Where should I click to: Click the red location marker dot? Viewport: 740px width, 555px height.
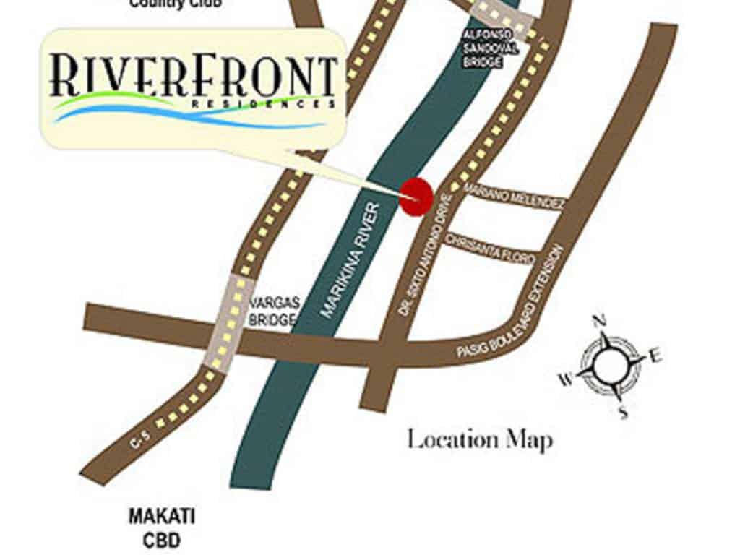[x=416, y=196]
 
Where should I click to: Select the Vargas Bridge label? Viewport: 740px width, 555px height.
[x=272, y=310]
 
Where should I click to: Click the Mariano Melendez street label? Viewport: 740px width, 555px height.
[x=513, y=196]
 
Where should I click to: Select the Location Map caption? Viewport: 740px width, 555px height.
[x=480, y=439]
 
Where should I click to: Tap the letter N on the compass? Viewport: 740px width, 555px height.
[x=598, y=322]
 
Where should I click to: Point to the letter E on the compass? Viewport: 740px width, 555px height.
[x=656, y=355]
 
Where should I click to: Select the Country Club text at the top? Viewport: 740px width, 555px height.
[x=176, y=4]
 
